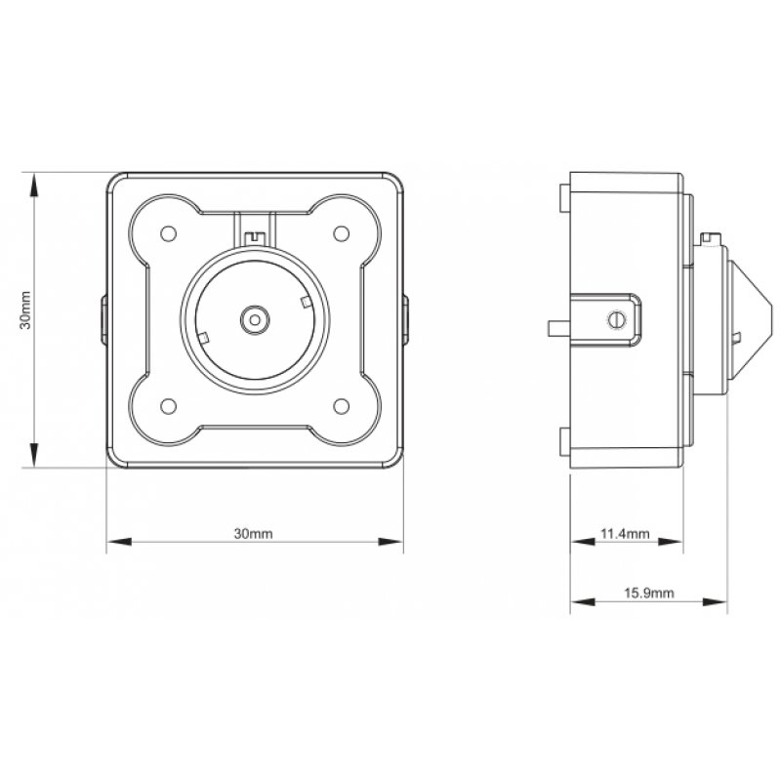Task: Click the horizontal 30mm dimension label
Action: click(253, 534)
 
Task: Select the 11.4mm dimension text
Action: click(623, 534)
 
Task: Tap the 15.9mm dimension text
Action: click(648, 593)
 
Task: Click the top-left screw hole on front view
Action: click(167, 233)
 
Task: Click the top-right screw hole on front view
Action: click(341, 233)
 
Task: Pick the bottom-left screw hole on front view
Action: click(167, 405)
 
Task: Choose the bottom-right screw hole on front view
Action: click(341, 405)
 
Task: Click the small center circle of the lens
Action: click(255, 318)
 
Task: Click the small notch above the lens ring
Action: click(255, 235)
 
